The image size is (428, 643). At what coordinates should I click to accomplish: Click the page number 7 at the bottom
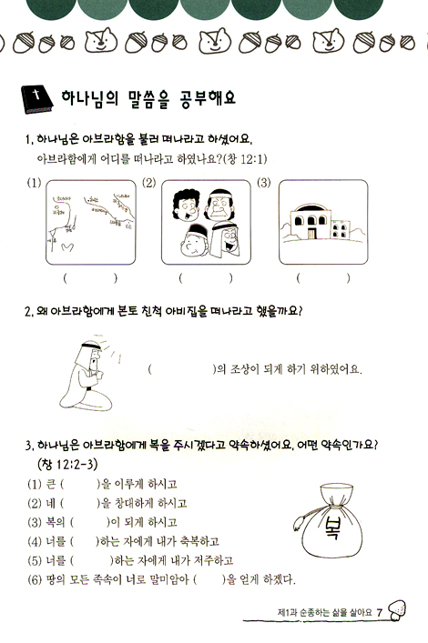[379, 612]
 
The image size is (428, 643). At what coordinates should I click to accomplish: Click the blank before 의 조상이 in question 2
[178, 370]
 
